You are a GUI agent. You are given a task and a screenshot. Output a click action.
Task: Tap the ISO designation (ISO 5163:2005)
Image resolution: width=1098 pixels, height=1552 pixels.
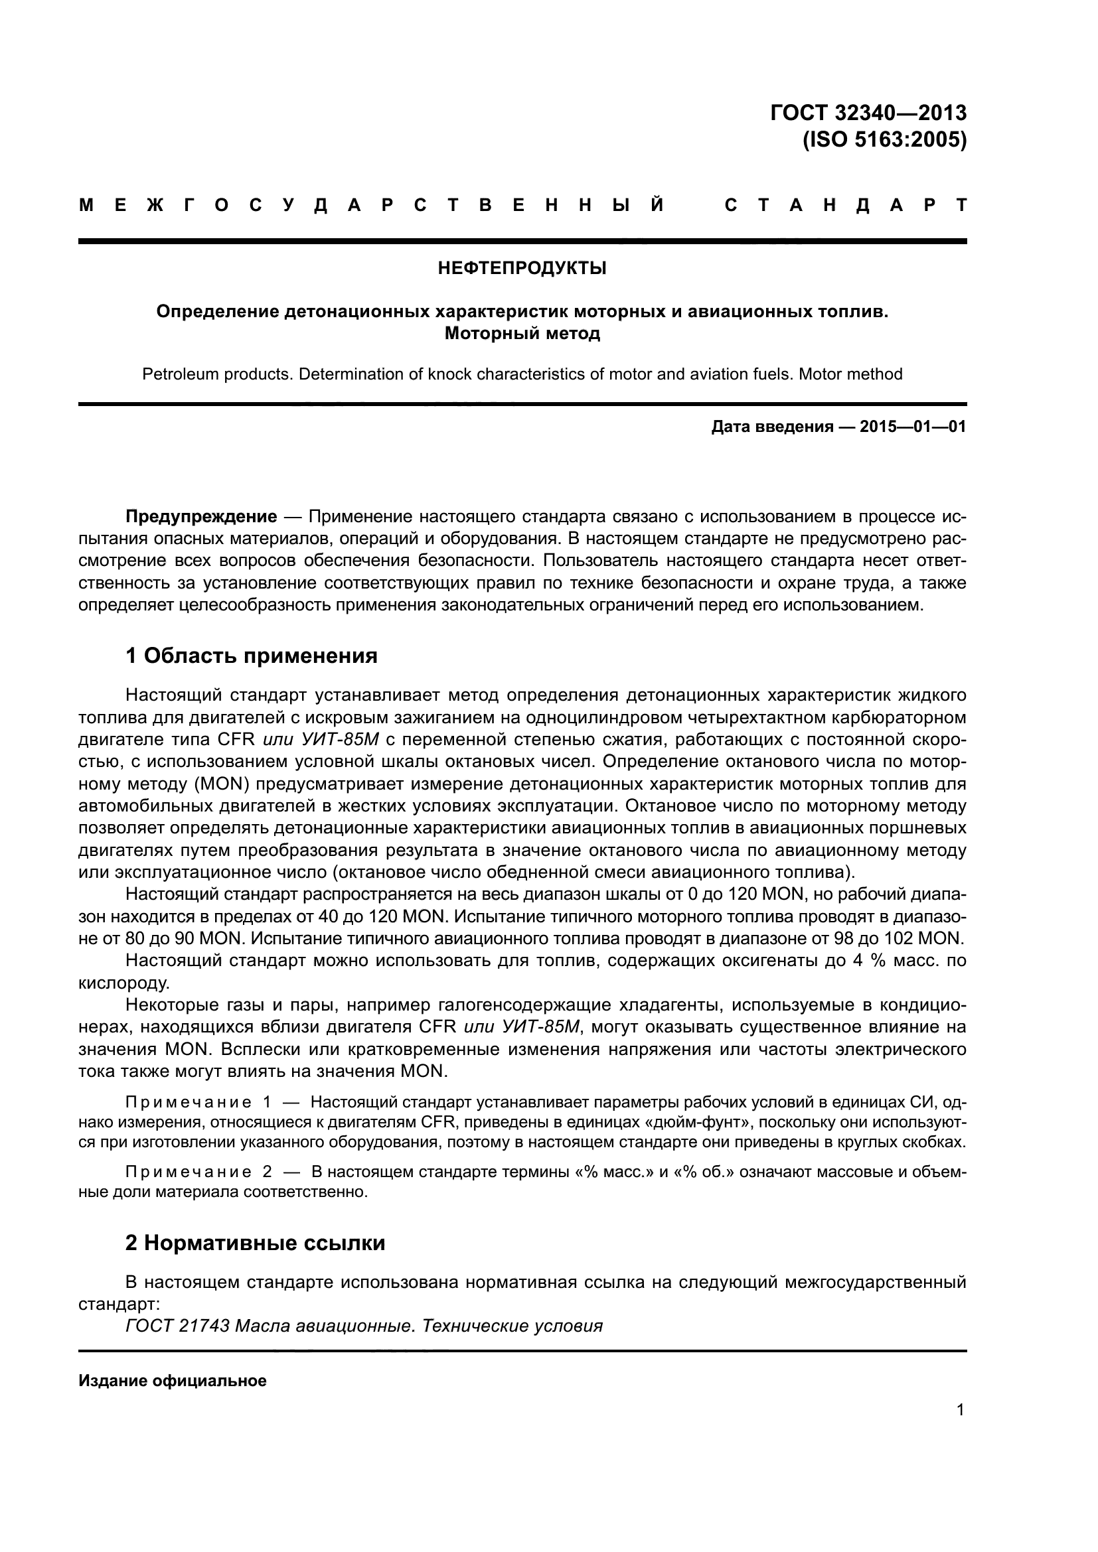point(884,140)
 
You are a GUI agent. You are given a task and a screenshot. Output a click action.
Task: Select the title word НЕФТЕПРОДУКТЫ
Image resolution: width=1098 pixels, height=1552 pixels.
point(522,268)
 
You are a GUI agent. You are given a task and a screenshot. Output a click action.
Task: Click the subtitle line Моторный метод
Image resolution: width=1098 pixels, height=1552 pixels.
point(522,333)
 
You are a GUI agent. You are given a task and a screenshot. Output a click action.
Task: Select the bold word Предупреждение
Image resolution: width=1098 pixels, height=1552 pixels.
point(200,517)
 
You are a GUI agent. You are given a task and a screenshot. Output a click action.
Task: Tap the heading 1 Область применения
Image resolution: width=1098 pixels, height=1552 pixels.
point(251,655)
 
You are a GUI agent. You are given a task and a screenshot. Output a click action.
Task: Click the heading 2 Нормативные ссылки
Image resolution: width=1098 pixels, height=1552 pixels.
point(255,1243)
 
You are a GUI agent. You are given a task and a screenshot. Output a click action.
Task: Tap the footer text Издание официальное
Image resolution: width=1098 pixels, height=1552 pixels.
point(173,1381)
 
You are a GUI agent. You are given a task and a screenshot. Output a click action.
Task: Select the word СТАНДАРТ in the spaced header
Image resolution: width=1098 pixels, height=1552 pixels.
point(845,206)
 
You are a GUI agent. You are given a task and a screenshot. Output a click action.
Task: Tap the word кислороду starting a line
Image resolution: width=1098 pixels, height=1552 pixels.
point(123,983)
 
